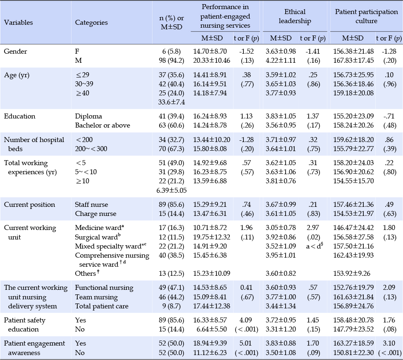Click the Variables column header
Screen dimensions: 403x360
19,23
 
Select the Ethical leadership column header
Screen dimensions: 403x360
295,16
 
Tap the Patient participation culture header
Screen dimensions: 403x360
366,16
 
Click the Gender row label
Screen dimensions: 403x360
15,51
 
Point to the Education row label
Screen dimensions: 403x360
19,116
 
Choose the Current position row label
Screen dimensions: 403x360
30,204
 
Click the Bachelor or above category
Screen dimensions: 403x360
103,126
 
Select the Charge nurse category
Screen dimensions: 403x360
95,213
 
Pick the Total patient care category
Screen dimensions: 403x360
102,306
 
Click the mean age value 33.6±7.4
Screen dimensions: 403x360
172,102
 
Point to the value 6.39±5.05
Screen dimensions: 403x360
172,190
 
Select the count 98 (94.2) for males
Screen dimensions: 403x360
172,61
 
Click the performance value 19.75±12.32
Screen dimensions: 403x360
212,237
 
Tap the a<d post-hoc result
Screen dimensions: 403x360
315,246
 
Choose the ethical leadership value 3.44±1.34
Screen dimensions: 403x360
281,306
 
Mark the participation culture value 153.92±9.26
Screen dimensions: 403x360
352,273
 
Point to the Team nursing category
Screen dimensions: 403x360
96,297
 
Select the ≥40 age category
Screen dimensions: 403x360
82,93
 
